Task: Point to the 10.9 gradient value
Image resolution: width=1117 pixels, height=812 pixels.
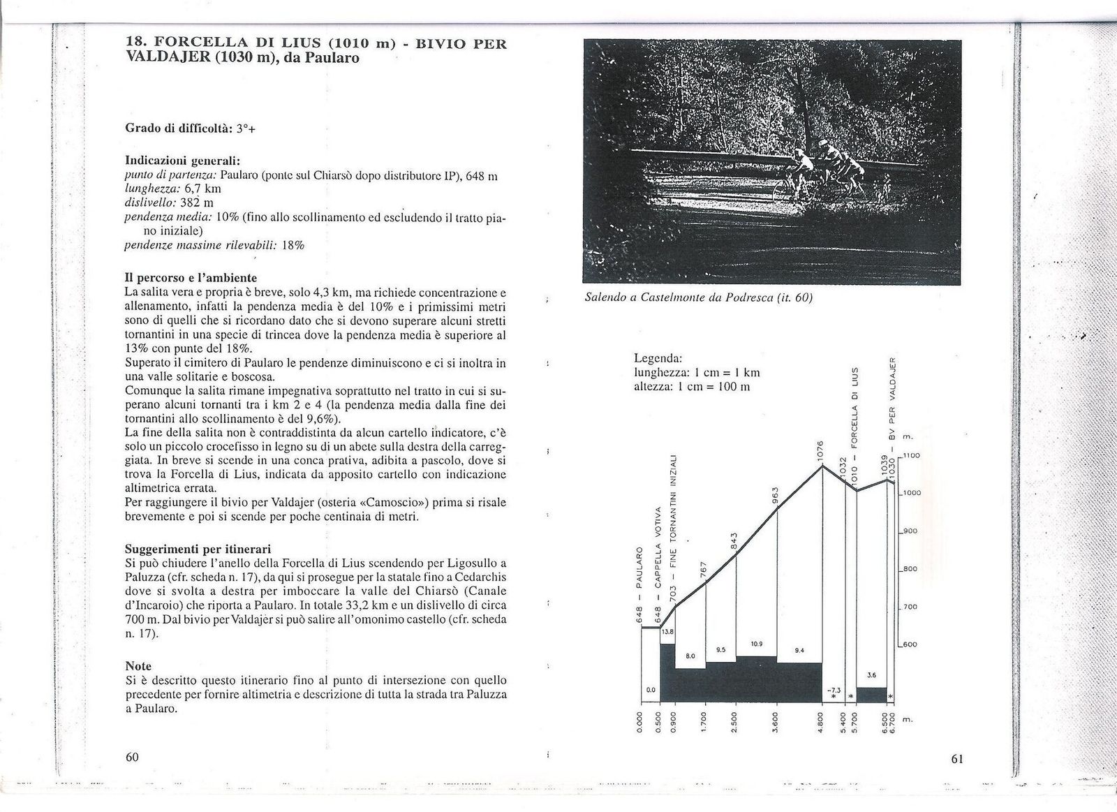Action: (x=757, y=643)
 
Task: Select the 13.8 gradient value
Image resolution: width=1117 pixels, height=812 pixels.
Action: (x=668, y=632)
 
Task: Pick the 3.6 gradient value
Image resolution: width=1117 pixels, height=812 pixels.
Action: (x=871, y=675)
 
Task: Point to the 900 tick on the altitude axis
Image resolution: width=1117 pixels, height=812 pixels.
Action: (x=909, y=531)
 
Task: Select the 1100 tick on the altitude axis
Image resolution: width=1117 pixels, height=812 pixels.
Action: (x=911, y=456)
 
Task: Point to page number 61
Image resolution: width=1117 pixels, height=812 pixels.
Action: (x=956, y=759)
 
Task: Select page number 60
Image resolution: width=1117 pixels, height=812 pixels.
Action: (x=132, y=757)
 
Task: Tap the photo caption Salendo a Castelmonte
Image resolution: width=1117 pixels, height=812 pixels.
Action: (x=698, y=297)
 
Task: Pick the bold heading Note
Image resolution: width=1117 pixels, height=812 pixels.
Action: (x=138, y=665)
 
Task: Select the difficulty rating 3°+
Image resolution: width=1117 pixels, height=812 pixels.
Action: (x=246, y=128)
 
